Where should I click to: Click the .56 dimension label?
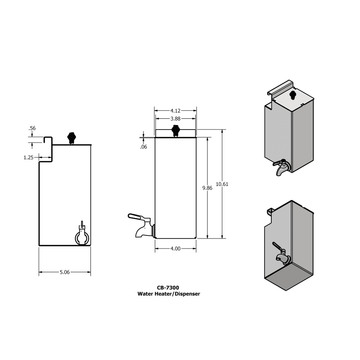[32, 129]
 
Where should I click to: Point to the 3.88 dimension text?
[176, 118]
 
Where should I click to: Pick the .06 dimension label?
[142, 146]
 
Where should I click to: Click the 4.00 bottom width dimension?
[176, 247]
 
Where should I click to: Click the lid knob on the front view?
[176, 130]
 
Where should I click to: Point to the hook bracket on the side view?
[44, 146]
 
